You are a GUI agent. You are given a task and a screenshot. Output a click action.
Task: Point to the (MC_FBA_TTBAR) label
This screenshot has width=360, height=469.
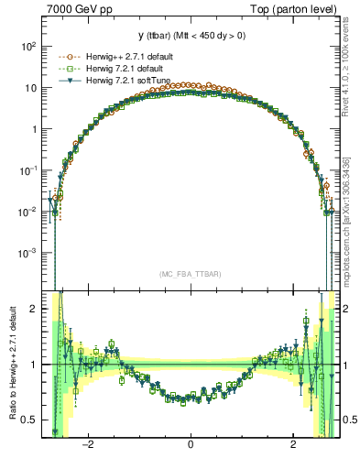point(190,274)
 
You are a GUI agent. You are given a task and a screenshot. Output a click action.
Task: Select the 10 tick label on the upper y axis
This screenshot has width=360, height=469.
point(29,88)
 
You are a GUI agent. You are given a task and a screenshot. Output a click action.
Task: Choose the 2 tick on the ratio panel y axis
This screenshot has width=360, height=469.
point(33,309)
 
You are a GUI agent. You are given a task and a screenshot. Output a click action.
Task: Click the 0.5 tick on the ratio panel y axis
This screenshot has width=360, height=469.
point(29,420)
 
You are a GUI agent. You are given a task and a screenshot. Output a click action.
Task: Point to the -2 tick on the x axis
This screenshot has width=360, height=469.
point(88,445)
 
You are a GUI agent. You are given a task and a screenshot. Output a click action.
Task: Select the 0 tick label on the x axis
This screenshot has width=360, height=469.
point(191,445)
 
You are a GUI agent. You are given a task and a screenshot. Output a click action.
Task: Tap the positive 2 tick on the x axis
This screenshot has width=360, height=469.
point(292,445)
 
